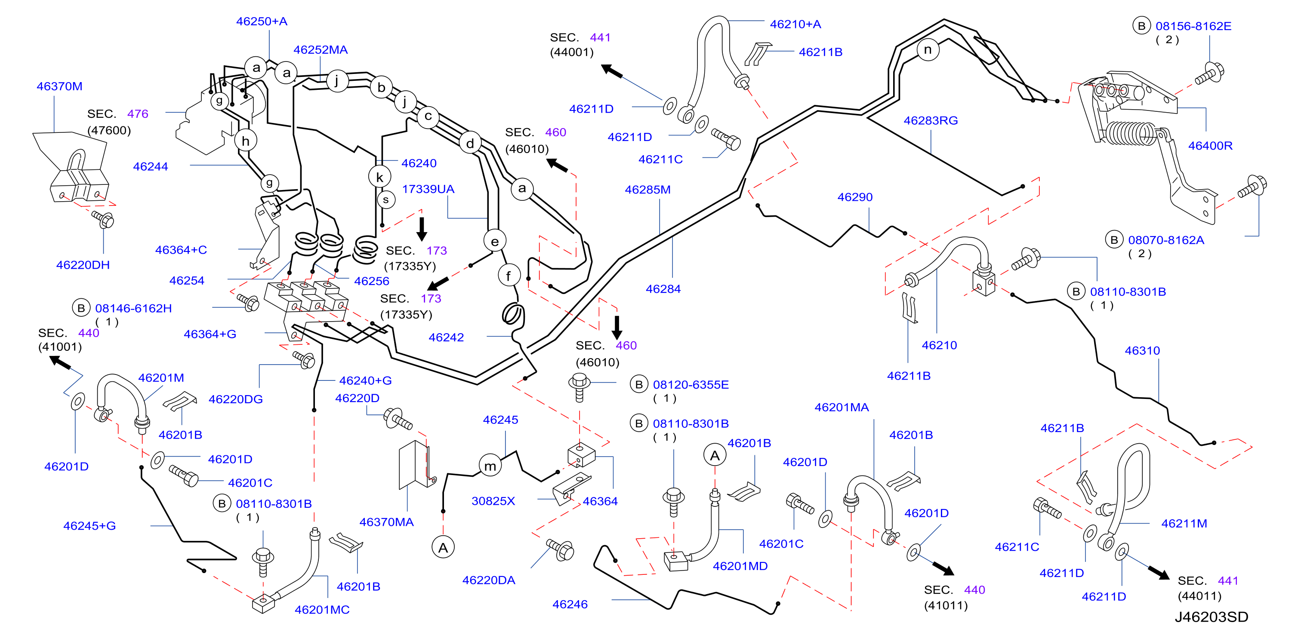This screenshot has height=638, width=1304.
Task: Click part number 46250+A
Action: [262, 21]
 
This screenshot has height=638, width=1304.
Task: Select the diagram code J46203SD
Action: [1212, 617]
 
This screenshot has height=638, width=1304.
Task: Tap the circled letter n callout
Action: [928, 49]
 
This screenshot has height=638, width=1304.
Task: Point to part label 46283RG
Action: [931, 120]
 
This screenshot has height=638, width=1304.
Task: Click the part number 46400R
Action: [1210, 146]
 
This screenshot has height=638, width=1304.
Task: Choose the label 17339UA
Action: [428, 189]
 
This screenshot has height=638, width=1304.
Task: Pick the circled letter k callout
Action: [379, 177]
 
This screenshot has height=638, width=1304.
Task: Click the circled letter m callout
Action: [490, 466]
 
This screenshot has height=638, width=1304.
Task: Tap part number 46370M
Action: [59, 86]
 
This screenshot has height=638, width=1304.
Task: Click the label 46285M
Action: [647, 190]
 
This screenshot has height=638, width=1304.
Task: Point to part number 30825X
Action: [493, 501]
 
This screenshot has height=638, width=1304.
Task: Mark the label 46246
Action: [570, 604]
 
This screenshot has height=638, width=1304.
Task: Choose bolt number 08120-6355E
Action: [691, 384]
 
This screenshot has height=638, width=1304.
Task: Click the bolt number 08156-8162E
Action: [1193, 26]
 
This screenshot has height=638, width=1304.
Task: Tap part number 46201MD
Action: [740, 566]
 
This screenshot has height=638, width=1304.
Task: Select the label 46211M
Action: [1184, 524]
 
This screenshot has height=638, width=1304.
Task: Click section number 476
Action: [138, 114]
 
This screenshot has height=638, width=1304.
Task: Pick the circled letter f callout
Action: [508, 276]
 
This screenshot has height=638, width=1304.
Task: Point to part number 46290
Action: [855, 197]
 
